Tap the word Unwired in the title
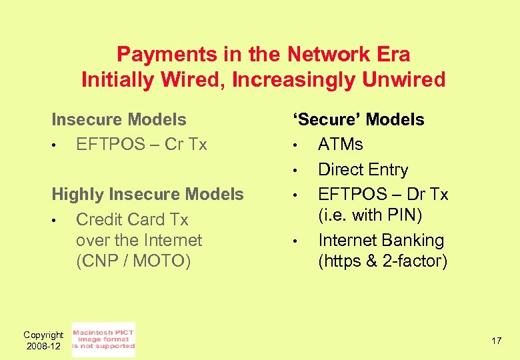coord(403,80)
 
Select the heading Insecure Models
coord(119,120)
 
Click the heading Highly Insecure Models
coord(147,195)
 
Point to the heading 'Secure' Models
coord(357,120)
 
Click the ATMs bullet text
coord(340,145)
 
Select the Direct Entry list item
coord(363,169)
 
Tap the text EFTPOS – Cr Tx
coord(141,145)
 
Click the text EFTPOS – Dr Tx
coord(383,194)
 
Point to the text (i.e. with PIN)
coord(370,215)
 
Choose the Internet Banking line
coord(381,240)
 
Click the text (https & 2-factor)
coord(382,261)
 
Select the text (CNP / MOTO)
coord(133,261)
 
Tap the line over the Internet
coord(139,240)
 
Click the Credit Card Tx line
coord(132,219)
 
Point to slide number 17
coord(496,341)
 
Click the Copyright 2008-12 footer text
coord(43,340)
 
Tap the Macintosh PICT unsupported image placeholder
coord(103,339)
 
